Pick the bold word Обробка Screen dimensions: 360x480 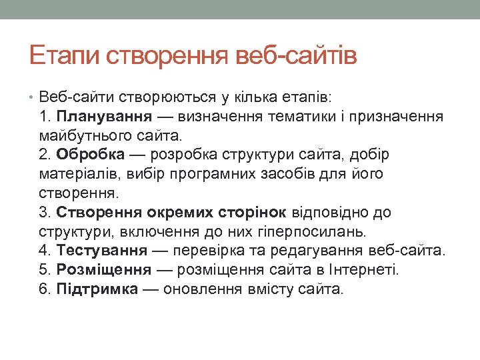[91, 155]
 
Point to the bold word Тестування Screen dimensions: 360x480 [102, 251]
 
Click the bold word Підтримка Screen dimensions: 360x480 [98, 289]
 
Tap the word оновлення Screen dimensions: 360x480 [202, 289]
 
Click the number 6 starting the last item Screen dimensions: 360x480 [44, 289]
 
